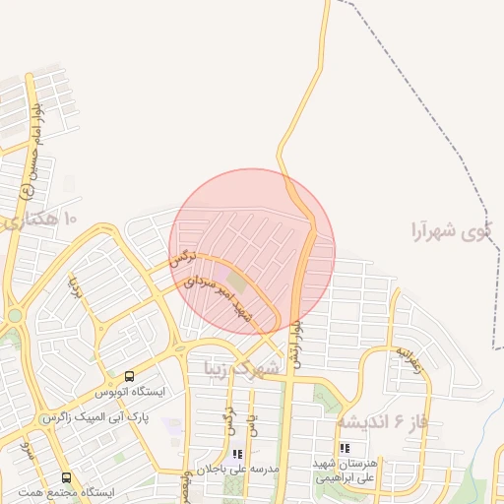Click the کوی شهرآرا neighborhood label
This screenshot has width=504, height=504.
click(x=451, y=232)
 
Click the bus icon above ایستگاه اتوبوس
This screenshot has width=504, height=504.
click(x=129, y=376)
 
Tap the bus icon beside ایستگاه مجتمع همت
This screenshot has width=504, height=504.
click(x=66, y=476)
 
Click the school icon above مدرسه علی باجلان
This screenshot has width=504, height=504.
click(x=236, y=454)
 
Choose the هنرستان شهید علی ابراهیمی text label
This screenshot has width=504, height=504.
click(x=345, y=471)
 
